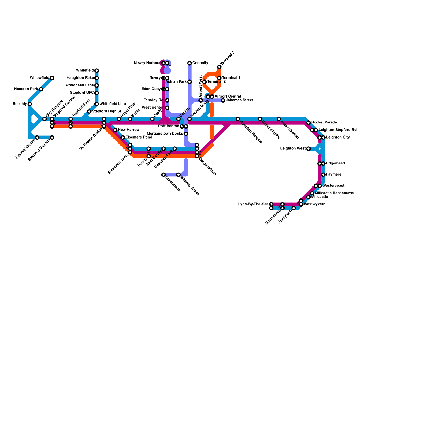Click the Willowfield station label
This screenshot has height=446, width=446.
point(40,78)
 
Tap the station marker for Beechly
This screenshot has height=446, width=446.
point(30,104)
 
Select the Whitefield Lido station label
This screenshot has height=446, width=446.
point(113,104)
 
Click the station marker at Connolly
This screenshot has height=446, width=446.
point(190,63)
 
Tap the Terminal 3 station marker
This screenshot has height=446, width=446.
point(219,67)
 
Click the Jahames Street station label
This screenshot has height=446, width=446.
point(239,100)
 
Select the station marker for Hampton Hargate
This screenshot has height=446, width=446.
point(238,119)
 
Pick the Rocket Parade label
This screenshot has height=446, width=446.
point(324,122)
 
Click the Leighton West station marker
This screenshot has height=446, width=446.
point(308,149)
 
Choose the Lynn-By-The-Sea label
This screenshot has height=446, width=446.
point(253,204)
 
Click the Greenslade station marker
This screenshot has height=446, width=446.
point(164,175)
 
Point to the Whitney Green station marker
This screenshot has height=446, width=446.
point(178,175)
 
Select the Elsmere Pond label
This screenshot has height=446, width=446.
point(139,137)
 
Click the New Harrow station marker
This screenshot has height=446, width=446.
point(115,130)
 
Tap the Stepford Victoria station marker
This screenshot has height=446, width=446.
point(52,138)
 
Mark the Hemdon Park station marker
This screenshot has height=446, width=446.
point(41,89)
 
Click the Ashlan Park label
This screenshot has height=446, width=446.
point(176,82)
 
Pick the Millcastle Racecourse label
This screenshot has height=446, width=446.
point(334,193)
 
